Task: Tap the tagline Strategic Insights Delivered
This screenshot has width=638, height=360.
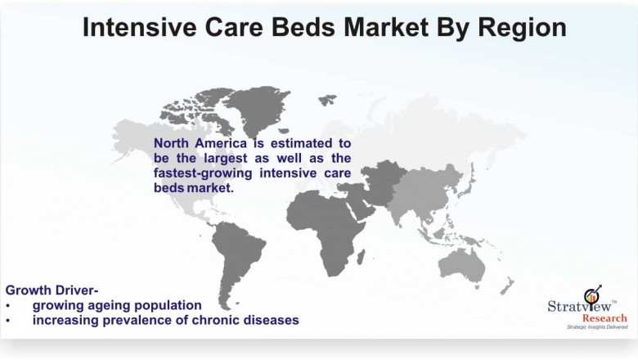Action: [587, 327]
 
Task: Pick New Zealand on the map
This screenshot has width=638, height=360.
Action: [508, 286]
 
